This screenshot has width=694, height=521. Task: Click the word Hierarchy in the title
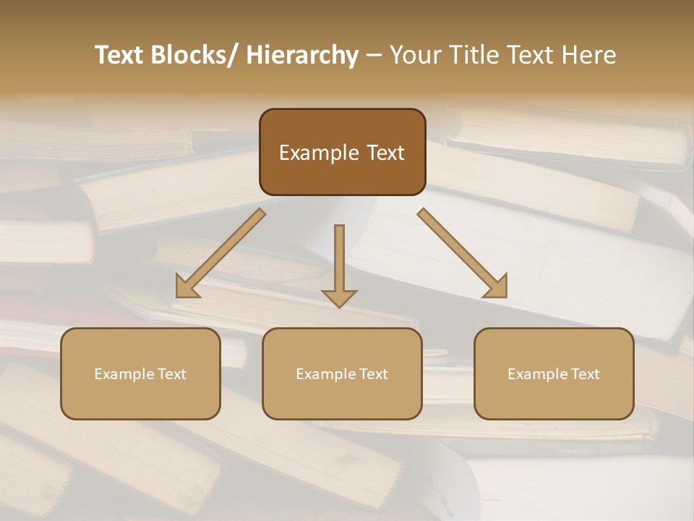302,56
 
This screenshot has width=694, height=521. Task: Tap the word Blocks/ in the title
192,56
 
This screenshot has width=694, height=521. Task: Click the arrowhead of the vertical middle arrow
339,298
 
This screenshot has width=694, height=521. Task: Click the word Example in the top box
319,153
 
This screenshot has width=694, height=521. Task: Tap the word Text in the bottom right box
584,374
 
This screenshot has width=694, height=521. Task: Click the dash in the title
374,56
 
